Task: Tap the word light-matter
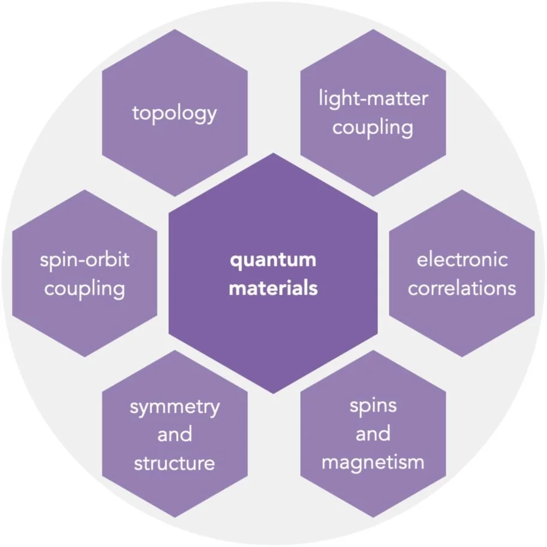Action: click(x=373, y=98)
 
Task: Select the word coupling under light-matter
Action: click(x=373, y=128)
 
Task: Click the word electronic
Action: click(x=462, y=259)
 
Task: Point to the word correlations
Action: click(x=462, y=288)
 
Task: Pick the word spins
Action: click(x=373, y=405)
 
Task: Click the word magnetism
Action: click(x=373, y=463)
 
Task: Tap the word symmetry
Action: click(x=174, y=407)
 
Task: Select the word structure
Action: click(x=174, y=463)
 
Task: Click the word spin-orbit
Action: click(x=84, y=259)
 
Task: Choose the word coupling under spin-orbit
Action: click(x=84, y=289)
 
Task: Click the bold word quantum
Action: click(x=273, y=259)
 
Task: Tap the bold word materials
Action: click(x=273, y=288)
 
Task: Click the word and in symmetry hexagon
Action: click(x=174, y=434)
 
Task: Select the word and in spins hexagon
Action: click(x=373, y=434)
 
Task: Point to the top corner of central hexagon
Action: click(x=273, y=153)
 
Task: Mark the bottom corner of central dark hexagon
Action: click(x=273, y=394)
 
